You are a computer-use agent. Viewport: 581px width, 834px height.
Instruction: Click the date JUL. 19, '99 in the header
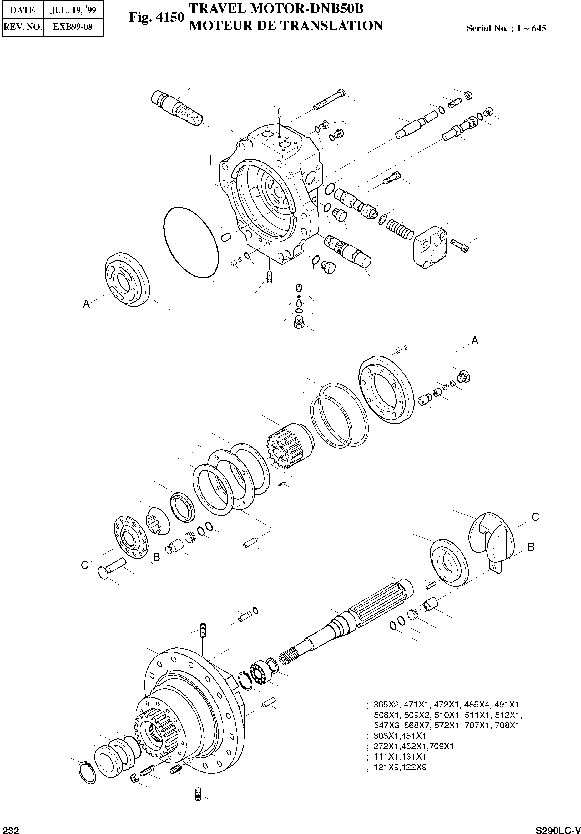[x=73, y=10]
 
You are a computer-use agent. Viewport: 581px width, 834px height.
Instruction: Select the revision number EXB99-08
[x=73, y=27]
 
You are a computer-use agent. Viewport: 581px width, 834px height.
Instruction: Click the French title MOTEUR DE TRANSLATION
[x=286, y=26]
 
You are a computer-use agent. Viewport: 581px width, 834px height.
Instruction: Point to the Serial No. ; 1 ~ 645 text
[x=506, y=28]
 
